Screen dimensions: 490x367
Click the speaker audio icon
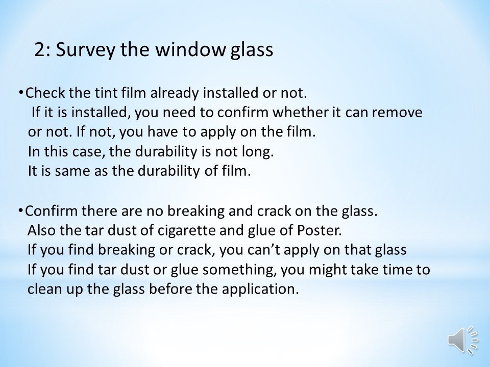pyautogui.click(x=463, y=340)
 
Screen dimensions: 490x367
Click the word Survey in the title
pyautogui.click(x=85, y=50)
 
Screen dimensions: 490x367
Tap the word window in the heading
pyautogui.click(x=190, y=49)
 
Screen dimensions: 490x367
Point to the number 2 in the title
pyautogui.click(x=40, y=49)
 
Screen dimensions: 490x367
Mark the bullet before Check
pyautogui.click(x=21, y=93)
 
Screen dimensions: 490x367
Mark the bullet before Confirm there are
pyautogui.click(x=20, y=211)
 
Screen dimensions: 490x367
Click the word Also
pyautogui.click(x=42, y=230)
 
